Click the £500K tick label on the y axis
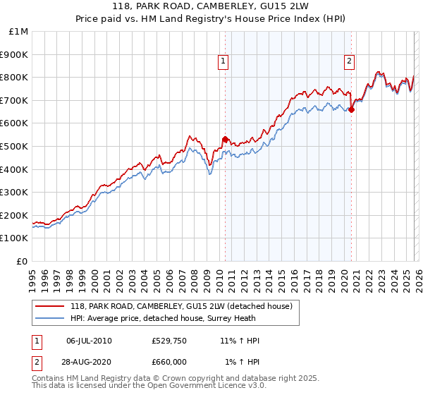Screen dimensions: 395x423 [14, 146]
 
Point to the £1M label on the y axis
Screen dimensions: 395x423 [19, 31]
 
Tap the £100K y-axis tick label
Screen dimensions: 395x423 [14, 238]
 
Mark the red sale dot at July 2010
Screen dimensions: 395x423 [225, 139]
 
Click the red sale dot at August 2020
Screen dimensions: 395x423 [351, 109]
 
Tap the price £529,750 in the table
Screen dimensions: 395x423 [168, 341]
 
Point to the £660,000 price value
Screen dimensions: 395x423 [168, 362]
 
